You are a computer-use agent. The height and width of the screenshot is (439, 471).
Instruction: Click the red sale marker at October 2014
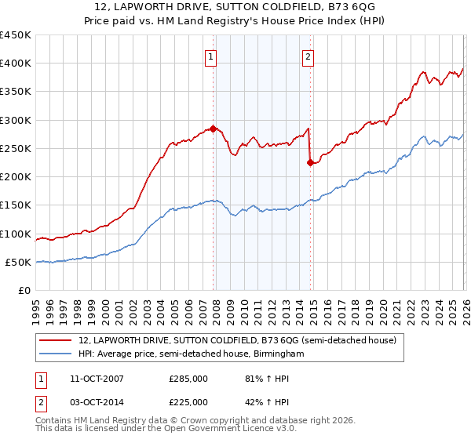[310, 163]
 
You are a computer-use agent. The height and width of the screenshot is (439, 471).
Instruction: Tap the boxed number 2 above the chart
[308, 56]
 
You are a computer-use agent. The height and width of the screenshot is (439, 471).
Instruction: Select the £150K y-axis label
[16, 205]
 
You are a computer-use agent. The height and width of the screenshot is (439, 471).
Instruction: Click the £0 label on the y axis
[25, 291]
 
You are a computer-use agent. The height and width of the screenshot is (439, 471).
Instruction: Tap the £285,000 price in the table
[189, 379]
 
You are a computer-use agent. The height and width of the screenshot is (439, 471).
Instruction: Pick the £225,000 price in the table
[189, 402]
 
